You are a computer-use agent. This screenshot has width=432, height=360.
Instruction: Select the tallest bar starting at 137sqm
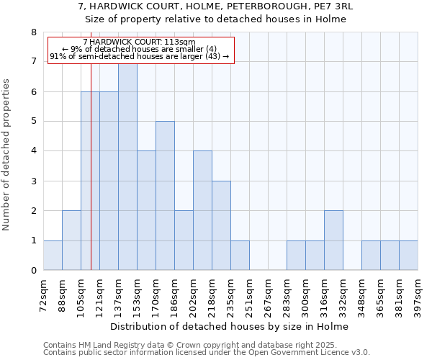pyautogui.click(x=127, y=166)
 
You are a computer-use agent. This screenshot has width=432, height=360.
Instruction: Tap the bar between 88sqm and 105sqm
pyautogui.click(x=71, y=240)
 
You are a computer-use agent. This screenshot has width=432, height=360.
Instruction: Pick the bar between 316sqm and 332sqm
pyautogui.click(x=333, y=240)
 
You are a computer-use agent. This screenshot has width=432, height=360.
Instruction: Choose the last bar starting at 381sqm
pyautogui.click(x=408, y=256)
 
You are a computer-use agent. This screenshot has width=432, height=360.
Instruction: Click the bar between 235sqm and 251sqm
pyautogui.click(x=240, y=256)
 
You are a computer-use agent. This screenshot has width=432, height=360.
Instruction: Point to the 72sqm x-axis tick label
pyautogui.click(x=44, y=296)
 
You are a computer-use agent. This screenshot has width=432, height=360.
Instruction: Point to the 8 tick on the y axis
pyautogui.click(x=33, y=32)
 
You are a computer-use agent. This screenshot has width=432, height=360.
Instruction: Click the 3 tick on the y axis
pyautogui.click(x=33, y=181)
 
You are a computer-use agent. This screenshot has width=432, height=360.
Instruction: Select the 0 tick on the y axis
pyautogui.click(x=33, y=271)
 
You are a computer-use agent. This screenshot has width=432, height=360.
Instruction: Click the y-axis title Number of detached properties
pyautogui.click(x=7, y=155)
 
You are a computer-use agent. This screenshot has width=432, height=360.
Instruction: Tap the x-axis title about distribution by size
pyautogui.click(x=230, y=327)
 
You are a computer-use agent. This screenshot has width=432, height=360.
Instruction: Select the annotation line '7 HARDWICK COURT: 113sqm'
pyautogui.click(x=139, y=42)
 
